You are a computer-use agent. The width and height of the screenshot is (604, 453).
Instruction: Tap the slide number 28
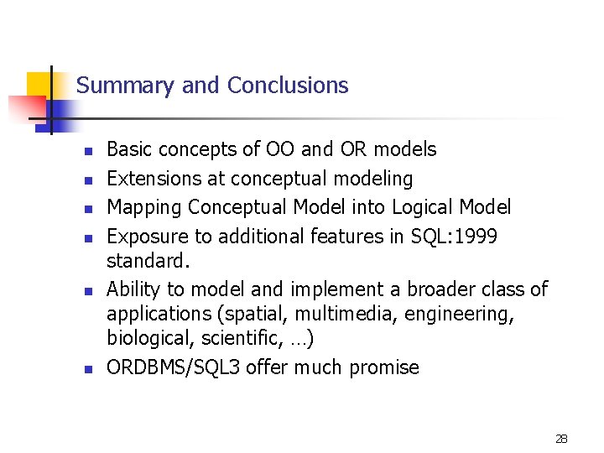tap(562, 439)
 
